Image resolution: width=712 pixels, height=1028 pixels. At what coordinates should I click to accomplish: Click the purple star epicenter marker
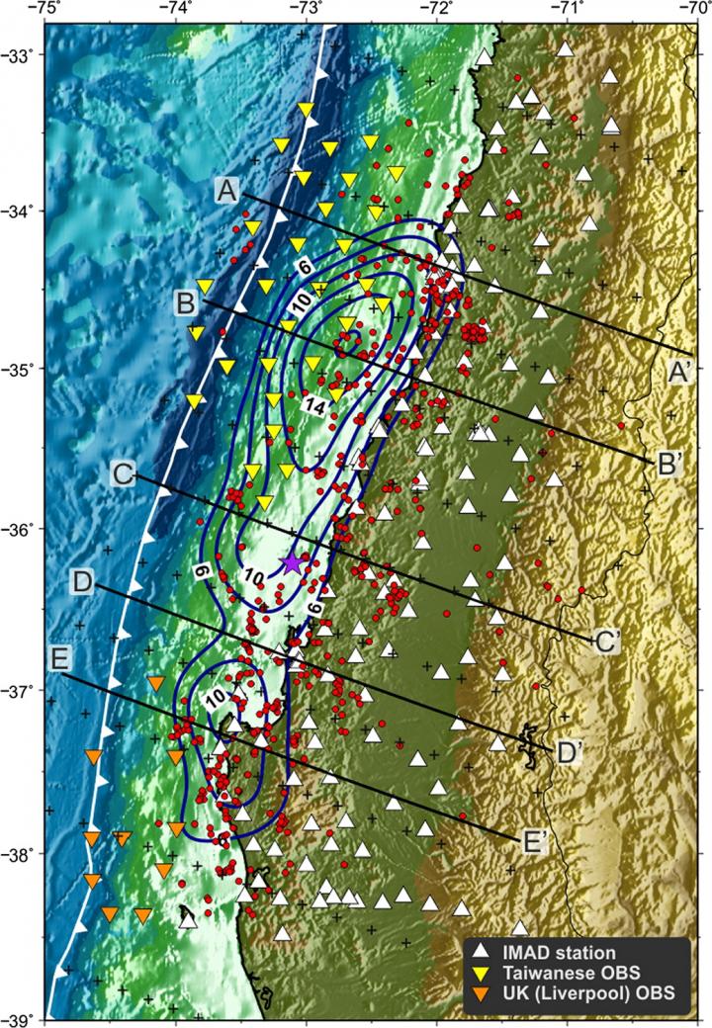[x=294, y=562]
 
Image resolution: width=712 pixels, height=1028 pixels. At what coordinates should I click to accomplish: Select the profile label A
[x=227, y=192]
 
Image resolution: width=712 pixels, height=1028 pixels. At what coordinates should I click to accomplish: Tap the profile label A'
[x=681, y=373]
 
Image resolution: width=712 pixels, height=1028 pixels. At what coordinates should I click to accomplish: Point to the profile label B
[x=185, y=301]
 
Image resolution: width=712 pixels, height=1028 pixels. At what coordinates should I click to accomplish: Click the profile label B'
[x=666, y=464]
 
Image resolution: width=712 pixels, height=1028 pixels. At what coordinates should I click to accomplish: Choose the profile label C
[x=124, y=474]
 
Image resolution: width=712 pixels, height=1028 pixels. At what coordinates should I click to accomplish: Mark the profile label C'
[x=606, y=641]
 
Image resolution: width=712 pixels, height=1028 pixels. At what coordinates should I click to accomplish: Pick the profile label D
[x=83, y=582]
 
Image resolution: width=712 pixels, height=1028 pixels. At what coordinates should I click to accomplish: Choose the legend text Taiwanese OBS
[x=561, y=973]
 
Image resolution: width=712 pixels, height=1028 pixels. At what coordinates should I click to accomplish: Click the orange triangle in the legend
[x=480, y=993]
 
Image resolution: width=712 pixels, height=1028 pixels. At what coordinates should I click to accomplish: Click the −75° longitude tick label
[x=45, y=8]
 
